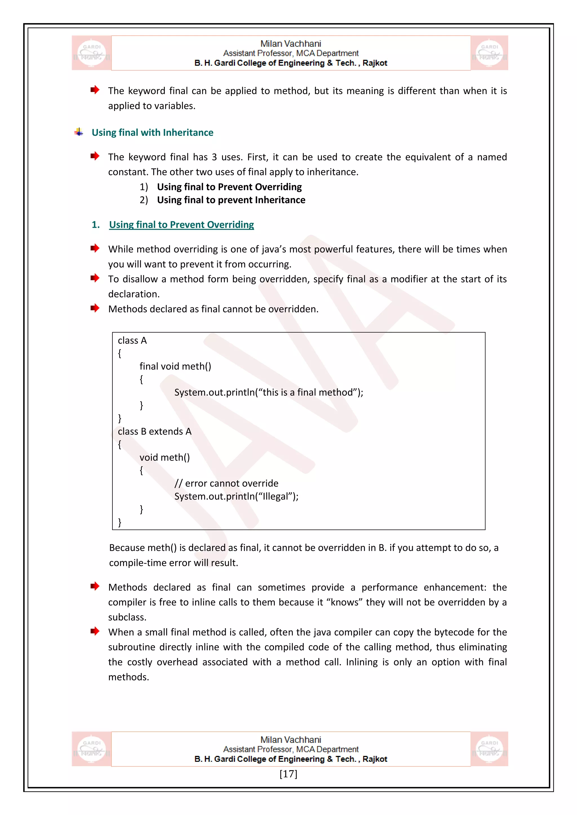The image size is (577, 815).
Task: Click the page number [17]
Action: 288,774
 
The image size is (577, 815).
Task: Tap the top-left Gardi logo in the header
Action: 91,53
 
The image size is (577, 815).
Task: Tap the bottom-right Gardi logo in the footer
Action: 489,749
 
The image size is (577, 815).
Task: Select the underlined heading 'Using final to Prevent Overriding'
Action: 181,225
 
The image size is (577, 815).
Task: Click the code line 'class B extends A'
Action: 155,431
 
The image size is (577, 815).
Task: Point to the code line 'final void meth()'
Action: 175,366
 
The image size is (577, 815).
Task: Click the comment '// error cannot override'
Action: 226,483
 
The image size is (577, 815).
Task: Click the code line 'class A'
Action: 132,341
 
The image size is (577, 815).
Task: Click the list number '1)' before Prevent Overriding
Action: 143,187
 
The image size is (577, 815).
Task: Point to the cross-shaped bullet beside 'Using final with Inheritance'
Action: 79,132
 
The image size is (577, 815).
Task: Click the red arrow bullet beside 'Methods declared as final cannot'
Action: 94,308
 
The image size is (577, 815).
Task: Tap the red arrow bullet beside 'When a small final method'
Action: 94,631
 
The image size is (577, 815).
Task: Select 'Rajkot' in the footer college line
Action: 374,759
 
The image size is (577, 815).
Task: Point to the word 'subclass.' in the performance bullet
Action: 127,617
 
